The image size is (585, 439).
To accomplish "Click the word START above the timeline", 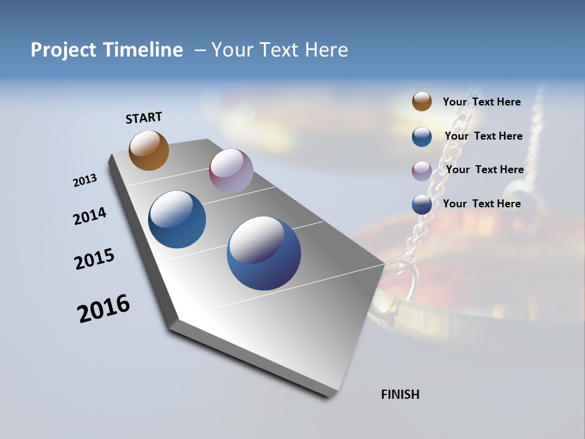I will tap(144, 118).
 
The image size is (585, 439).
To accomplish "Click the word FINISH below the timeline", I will tap(400, 394).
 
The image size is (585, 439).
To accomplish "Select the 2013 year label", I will tap(85, 180).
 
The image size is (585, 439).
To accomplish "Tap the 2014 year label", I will tap(90, 216).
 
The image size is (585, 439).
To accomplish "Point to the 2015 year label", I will tap(94, 259).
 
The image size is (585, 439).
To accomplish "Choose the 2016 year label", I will tap(104, 309).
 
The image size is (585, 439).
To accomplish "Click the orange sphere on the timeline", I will tap(149, 150).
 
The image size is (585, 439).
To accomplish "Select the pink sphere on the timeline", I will tap(231, 171).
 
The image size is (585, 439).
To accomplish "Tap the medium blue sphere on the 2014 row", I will tap(177, 220).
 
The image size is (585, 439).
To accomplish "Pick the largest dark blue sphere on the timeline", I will tap(264, 253).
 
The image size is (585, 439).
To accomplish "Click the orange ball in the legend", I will tap(422, 102).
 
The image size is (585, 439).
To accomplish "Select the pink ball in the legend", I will tap(422, 171).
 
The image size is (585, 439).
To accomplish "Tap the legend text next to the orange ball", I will tap(481, 102).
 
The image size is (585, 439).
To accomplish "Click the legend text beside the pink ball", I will tap(484, 170).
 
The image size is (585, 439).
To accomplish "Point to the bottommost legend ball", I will tap(422, 204).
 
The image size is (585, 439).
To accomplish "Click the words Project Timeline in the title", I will tap(107, 50).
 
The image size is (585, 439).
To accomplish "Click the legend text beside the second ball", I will tap(483, 136).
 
